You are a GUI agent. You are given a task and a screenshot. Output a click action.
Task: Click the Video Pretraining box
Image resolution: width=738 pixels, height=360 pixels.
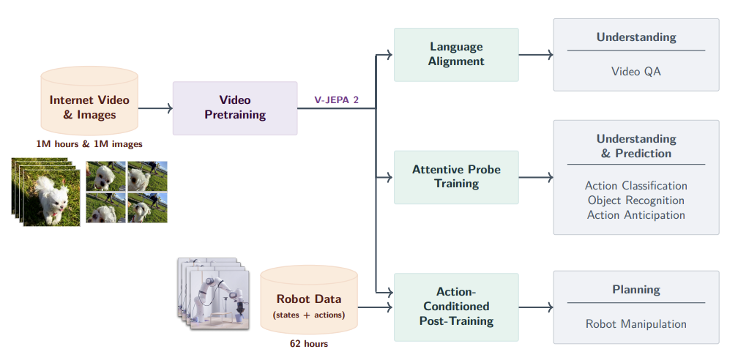click(x=235, y=108)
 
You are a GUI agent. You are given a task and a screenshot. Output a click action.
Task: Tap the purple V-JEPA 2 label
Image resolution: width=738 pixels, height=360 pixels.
click(x=337, y=100)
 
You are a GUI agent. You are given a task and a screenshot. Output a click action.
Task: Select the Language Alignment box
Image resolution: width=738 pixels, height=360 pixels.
click(x=456, y=55)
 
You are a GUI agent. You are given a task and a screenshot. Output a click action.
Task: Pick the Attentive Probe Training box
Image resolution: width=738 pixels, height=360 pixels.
click(x=456, y=177)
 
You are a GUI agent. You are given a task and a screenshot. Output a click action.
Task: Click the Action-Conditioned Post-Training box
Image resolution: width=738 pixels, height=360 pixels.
click(x=456, y=307)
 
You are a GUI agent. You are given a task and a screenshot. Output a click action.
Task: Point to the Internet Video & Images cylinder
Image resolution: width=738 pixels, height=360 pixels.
click(x=89, y=101)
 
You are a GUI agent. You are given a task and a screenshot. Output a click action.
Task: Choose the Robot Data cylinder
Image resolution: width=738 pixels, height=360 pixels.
click(x=309, y=300)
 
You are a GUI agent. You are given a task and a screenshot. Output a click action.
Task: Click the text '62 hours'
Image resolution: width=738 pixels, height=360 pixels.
click(x=309, y=343)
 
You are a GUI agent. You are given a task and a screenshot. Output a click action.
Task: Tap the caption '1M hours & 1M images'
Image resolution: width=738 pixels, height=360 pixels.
click(x=89, y=144)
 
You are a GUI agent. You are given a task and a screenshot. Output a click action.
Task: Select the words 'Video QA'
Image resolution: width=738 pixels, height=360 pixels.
click(x=635, y=72)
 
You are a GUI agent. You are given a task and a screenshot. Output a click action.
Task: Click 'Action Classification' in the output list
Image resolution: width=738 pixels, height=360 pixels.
click(x=635, y=185)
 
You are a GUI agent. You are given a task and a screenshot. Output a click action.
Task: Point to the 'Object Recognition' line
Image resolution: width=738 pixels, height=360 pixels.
click(x=635, y=200)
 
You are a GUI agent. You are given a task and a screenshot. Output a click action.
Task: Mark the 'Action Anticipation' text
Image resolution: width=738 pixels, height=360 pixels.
click(x=635, y=214)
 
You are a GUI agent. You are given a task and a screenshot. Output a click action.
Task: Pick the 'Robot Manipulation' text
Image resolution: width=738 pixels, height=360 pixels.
click(x=635, y=323)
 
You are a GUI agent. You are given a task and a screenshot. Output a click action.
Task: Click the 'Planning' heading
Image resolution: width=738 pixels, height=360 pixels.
click(x=635, y=290)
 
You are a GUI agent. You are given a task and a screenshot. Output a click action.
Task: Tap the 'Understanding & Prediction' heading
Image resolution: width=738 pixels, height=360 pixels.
click(x=635, y=146)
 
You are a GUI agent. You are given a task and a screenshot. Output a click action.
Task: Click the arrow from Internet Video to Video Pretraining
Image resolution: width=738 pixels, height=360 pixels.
click(x=155, y=108)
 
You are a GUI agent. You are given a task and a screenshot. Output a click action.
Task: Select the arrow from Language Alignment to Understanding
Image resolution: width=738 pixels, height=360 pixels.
click(x=536, y=55)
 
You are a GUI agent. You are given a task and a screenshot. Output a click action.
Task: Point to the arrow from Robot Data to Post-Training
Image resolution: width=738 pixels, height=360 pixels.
click(x=375, y=307)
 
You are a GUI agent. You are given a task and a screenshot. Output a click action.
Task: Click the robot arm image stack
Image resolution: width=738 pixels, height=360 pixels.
click(x=213, y=293)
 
